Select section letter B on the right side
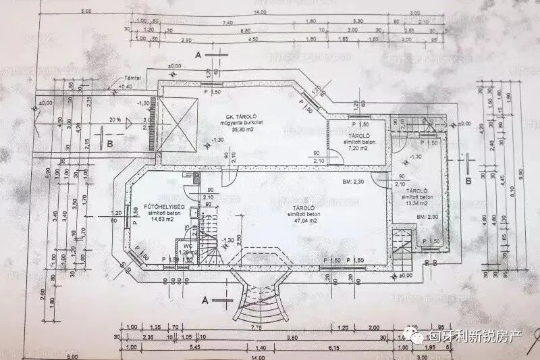click(468, 182)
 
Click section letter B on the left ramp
click(109, 143)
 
